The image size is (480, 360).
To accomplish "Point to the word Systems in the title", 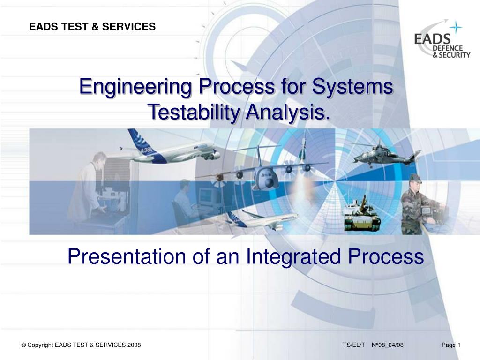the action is pyautogui.click(x=352, y=87).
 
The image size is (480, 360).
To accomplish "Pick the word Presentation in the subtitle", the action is pyautogui.click(x=127, y=256).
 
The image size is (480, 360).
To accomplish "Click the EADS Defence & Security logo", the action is pyautogui.click(x=442, y=39).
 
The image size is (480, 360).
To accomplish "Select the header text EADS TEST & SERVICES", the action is pyautogui.click(x=92, y=27).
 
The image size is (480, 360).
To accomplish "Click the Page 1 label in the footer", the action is pyautogui.click(x=451, y=345).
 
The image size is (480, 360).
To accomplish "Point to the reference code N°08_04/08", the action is pyautogui.click(x=388, y=345).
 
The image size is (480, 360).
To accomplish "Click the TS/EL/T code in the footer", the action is pyautogui.click(x=354, y=345).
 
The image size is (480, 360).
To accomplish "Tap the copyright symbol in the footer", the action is pyautogui.click(x=23, y=345).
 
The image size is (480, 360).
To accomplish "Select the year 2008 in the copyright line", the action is pyautogui.click(x=134, y=345).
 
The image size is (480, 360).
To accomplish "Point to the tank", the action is pyautogui.click(x=362, y=214).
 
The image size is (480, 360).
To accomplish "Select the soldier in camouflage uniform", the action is pyautogui.click(x=415, y=204).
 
